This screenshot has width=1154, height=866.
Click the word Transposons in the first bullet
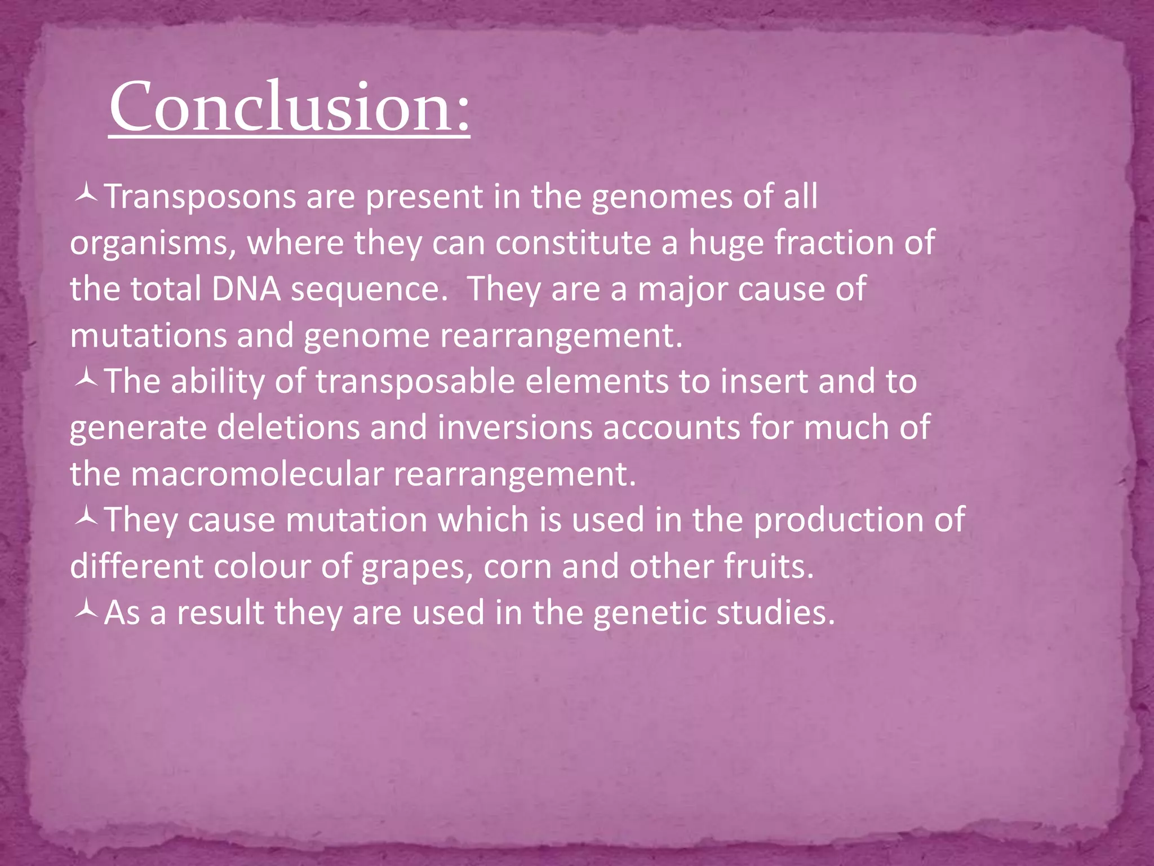pyautogui.click(x=201, y=197)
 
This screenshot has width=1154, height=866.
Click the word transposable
pyautogui.click(x=415, y=382)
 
